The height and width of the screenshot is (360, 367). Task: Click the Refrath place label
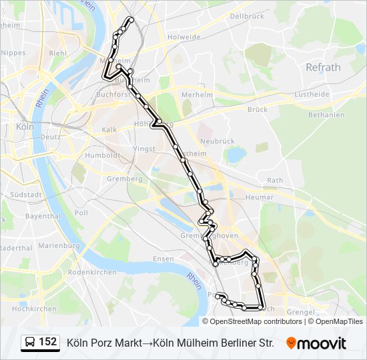coord(323,67)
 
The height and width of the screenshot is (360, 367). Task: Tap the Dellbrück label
coord(246,15)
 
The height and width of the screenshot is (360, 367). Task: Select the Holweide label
coord(185,37)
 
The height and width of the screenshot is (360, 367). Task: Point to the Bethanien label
coord(327,115)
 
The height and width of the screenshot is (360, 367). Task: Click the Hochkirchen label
coord(34,309)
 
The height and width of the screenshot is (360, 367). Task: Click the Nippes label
coord(13,53)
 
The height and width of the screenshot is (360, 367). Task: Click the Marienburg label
coord(59,246)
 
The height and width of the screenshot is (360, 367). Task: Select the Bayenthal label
coord(43,217)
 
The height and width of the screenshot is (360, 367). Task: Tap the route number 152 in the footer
coord(48,342)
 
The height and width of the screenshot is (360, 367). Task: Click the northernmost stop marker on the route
coord(131,20)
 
